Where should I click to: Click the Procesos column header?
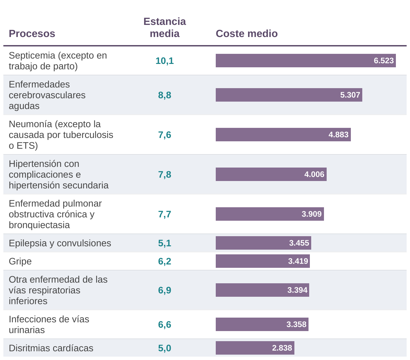pyautogui.click(x=32, y=34)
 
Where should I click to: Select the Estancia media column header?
pyautogui.click(x=165, y=28)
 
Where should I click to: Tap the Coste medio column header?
pyautogui.click(x=247, y=34)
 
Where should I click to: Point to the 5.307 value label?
pyautogui.click(x=350, y=95)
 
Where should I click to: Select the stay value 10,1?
pyautogui.click(x=165, y=61)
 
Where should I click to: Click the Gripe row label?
pyautogui.click(x=20, y=261)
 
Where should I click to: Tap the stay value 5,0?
pyautogui.click(x=165, y=348)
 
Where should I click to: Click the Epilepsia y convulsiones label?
pyautogui.click(x=60, y=243)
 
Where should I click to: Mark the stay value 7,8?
pyautogui.click(x=165, y=175)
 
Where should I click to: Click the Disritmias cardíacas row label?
pyautogui.click(x=51, y=348)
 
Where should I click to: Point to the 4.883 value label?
pyautogui.click(x=339, y=135)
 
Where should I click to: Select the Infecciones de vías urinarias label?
pyautogui.click(x=49, y=324)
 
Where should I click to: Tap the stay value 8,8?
pyautogui.click(x=165, y=95)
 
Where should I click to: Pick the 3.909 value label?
pyautogui.click(x=312, y=214)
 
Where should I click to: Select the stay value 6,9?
pyautogui.click(x=165, y=290)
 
